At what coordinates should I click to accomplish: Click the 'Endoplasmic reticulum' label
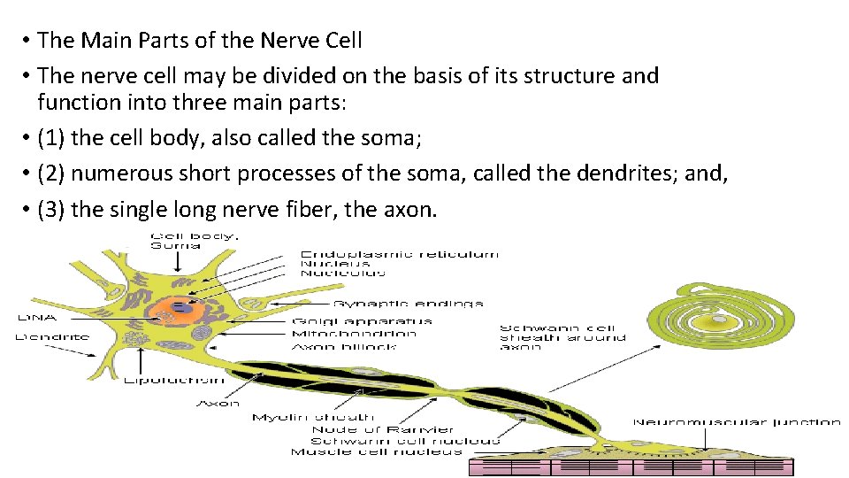click(x=400, y=254)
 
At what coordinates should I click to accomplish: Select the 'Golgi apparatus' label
click(x=362, y=321)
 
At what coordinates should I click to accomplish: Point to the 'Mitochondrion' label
click(x=354, y=334)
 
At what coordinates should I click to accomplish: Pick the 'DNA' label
click(x=36, y=317)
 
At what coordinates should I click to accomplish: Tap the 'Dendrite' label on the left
click(x=53, y=336)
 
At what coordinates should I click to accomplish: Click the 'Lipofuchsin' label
click(x=173, y=381)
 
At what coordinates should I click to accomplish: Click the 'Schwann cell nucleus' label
click(x=405, y=440)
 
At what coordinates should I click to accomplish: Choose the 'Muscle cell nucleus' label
click(x=376, y=451)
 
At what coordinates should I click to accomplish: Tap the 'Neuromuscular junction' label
click(x=736, y=422)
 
